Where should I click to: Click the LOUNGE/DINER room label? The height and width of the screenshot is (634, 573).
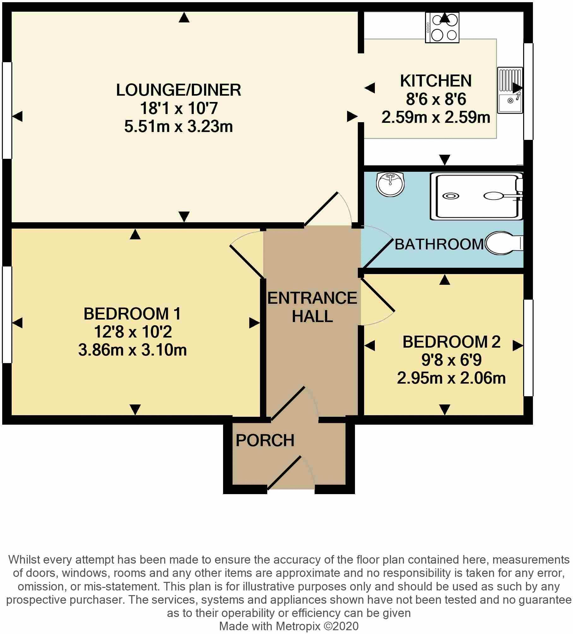pyautogui.click(x=179, y=90)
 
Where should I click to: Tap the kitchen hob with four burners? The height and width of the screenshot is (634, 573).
pyautogui.click(x=442, y=28)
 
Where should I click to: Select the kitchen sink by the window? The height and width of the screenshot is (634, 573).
pyautogui.click(x=510, y=90)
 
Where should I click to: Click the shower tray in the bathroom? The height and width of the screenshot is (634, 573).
pyautogui.click(x=476, y=196)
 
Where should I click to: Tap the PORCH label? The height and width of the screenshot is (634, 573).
pyautogui.click(x=265, y=440)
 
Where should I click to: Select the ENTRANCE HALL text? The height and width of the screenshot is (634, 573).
pyautogui.click(x=312, y=307)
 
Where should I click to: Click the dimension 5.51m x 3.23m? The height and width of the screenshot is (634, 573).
pyautogui.click(x=179, y=127)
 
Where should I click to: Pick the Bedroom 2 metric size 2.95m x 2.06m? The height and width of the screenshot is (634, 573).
pyautogui.click(x=451, y=378)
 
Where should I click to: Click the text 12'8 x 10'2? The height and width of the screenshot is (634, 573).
pyautogui.click(x=133, y=332)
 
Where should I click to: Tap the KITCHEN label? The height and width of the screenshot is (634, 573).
pyautogui.click(x=436, y=81)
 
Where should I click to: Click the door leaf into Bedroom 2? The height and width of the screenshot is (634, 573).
pyautogui.click(x=378, y=295)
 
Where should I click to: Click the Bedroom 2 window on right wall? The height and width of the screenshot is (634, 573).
pyautogui.click(x=528, y=348)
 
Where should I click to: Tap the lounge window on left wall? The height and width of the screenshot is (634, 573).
pyautogui.click(x=7, y=110)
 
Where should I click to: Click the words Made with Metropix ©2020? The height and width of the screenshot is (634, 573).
pyautogui.click(x=289, y=626)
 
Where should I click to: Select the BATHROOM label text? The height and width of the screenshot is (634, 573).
pyautogui.click(x=439, y=244)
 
